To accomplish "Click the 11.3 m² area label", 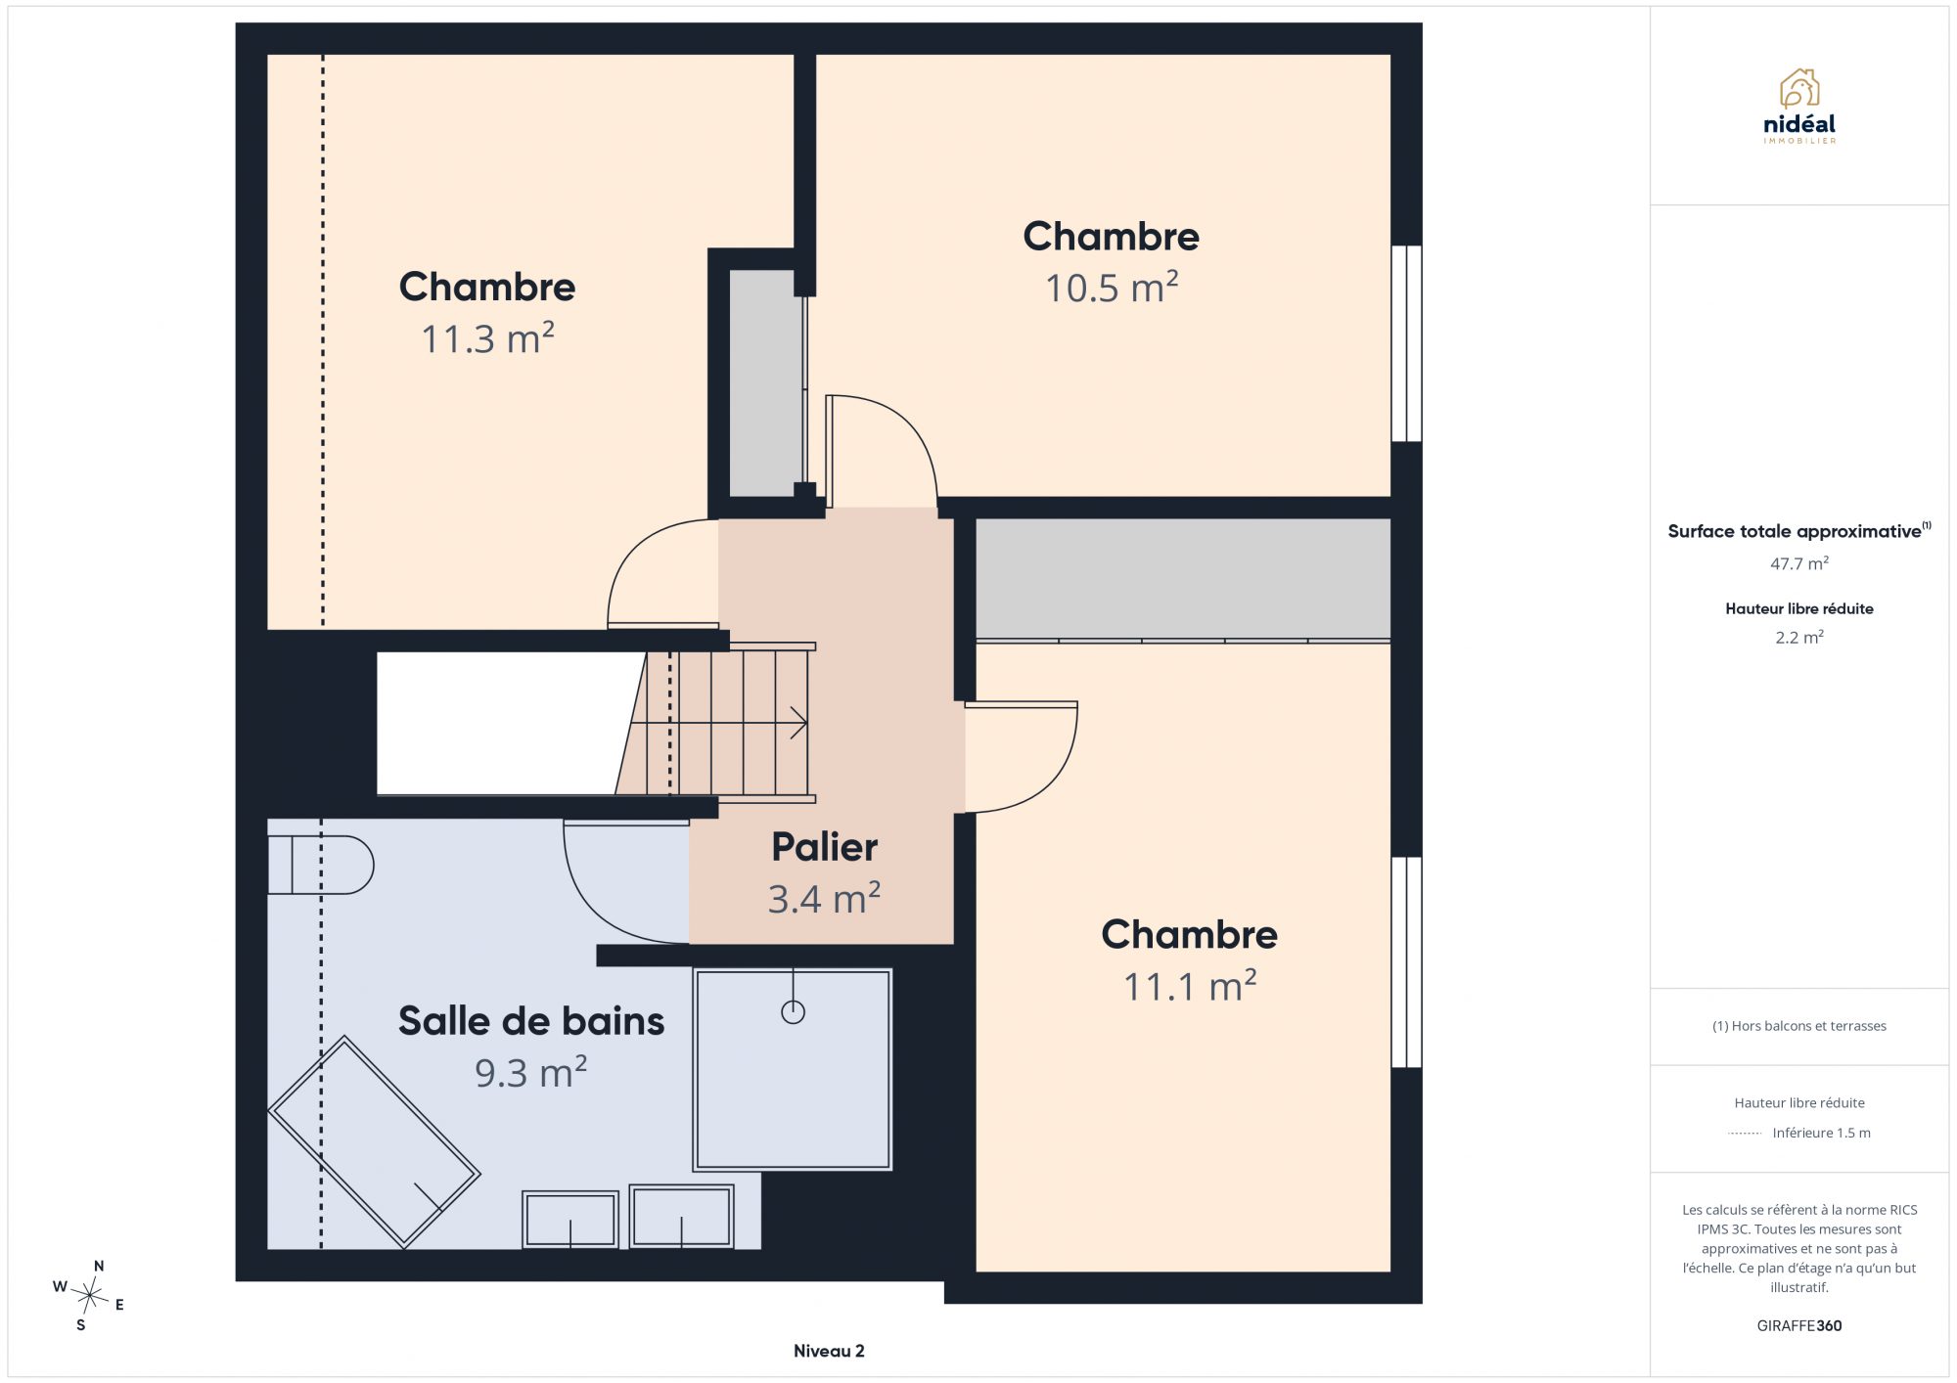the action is (x=487, y=338).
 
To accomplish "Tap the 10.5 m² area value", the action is (x=1112, y=288).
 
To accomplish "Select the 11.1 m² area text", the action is (x=1190, y=986).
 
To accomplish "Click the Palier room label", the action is (x=824, y=847).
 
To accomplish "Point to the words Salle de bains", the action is (x=531, y=1021).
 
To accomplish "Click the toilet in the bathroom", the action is (x=321, y=865).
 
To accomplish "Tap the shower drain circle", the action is (x=793, y=1012).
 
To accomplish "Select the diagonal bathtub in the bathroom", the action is (x=374, y=1141).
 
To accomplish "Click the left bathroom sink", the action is (x=570, y=1219).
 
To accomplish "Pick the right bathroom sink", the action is (x=681, y=1216).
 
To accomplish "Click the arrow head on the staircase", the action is (x=799, y=724).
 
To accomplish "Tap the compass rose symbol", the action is (x=89, y=1297).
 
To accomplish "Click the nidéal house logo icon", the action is (x=1798, y=88).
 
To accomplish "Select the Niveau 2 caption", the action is (x=829, y=1351).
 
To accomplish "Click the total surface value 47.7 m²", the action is (x=1799, y=563).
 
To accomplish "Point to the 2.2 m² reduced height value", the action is (x=1799, y=637).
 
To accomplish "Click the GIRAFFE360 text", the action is (x=1799, y=1326).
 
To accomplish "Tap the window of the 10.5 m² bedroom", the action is (x=1406, y=343).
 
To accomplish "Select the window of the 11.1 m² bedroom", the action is (x=1406, y=961).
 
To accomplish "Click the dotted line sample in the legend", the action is (x=1745, y=1134).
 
